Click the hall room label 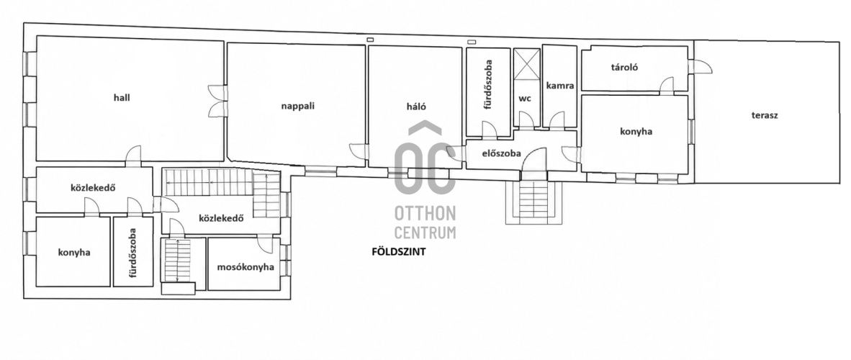(122, 98)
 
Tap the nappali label (298, 105)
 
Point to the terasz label (765, 115)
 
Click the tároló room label (624, 68)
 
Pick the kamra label (560, 86)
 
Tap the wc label (524, 99)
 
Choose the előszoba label (502, 153)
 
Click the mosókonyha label (246, 266)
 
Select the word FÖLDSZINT (399, 251)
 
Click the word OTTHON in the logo (425, 212)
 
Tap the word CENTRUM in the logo (425, 233)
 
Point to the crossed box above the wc (526, 65)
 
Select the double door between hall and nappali (219, 101)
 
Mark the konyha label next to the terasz (636, 132)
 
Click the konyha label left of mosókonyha (74, 252)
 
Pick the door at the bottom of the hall (133, 156)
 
